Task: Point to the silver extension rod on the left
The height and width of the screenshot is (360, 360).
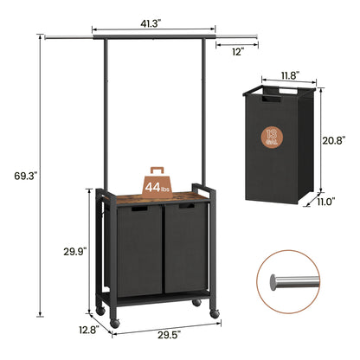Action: click(x=68, y=37)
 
